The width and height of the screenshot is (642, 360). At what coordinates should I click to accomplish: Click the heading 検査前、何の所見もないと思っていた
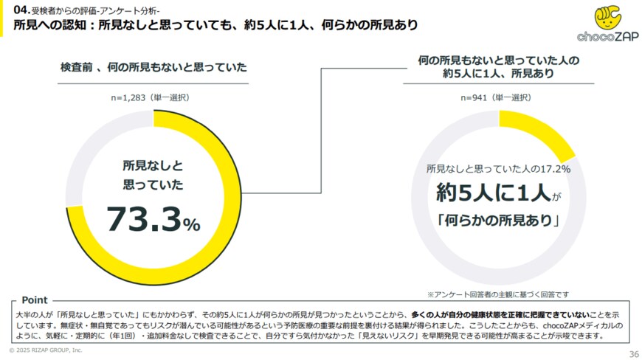click(153, 67)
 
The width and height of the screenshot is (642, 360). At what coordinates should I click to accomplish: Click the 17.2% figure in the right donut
click(556, 170)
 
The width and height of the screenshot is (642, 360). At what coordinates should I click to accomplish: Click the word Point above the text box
click(35, 300)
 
